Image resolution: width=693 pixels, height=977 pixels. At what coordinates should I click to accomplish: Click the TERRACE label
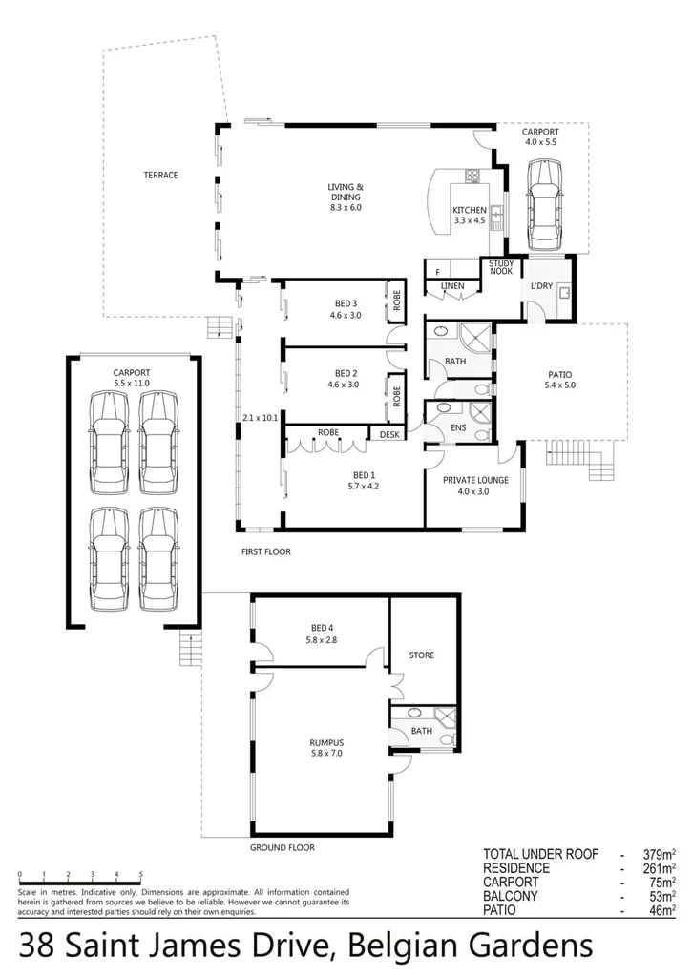(x=160, y=175)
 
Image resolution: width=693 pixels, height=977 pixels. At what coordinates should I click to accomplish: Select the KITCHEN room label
(x=469, y=210)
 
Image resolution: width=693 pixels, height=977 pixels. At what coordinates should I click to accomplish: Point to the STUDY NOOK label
(x=500, y=267)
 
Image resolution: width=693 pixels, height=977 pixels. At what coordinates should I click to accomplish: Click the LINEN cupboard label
(x=451, y=286)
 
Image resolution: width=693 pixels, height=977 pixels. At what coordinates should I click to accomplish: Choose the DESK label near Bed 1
(x=388, y=434)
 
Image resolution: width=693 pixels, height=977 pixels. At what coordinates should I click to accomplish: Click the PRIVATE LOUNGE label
(x=474, y=481)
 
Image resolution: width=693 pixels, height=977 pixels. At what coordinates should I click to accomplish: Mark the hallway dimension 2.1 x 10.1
(x=259, y=418)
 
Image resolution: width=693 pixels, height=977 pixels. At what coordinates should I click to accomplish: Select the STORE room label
(x=421, y=655)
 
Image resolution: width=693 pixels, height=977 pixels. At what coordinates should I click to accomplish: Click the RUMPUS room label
(x=325, y=742)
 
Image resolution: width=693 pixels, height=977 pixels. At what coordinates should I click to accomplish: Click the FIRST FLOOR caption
(x=266, y=551)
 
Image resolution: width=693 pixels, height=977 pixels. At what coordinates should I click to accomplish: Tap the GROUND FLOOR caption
(x=282, y=847)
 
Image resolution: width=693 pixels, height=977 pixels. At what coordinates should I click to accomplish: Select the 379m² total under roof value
(x=658, y=854)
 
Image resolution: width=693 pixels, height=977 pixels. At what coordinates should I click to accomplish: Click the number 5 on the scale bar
(x=141, y=874)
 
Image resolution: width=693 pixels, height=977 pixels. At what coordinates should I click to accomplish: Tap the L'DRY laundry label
(x=538, y=285)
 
